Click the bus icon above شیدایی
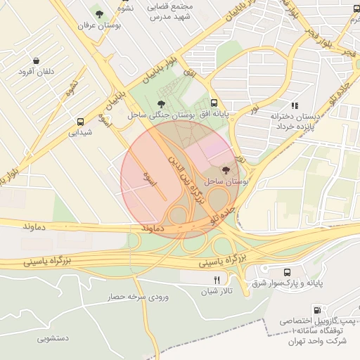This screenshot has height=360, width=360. tap(81, 121)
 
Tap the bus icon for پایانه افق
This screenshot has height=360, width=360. tap(213, 103)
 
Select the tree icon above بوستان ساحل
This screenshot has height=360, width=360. tap(225, 170)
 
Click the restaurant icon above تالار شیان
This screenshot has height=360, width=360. tap(207, 279)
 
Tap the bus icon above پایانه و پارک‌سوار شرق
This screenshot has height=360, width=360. tap(287, 272)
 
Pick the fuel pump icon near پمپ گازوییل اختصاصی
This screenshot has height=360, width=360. tap(318, 309)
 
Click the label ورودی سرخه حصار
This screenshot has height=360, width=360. tap(139, 297)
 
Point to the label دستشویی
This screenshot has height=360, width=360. tap(53, 338)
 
